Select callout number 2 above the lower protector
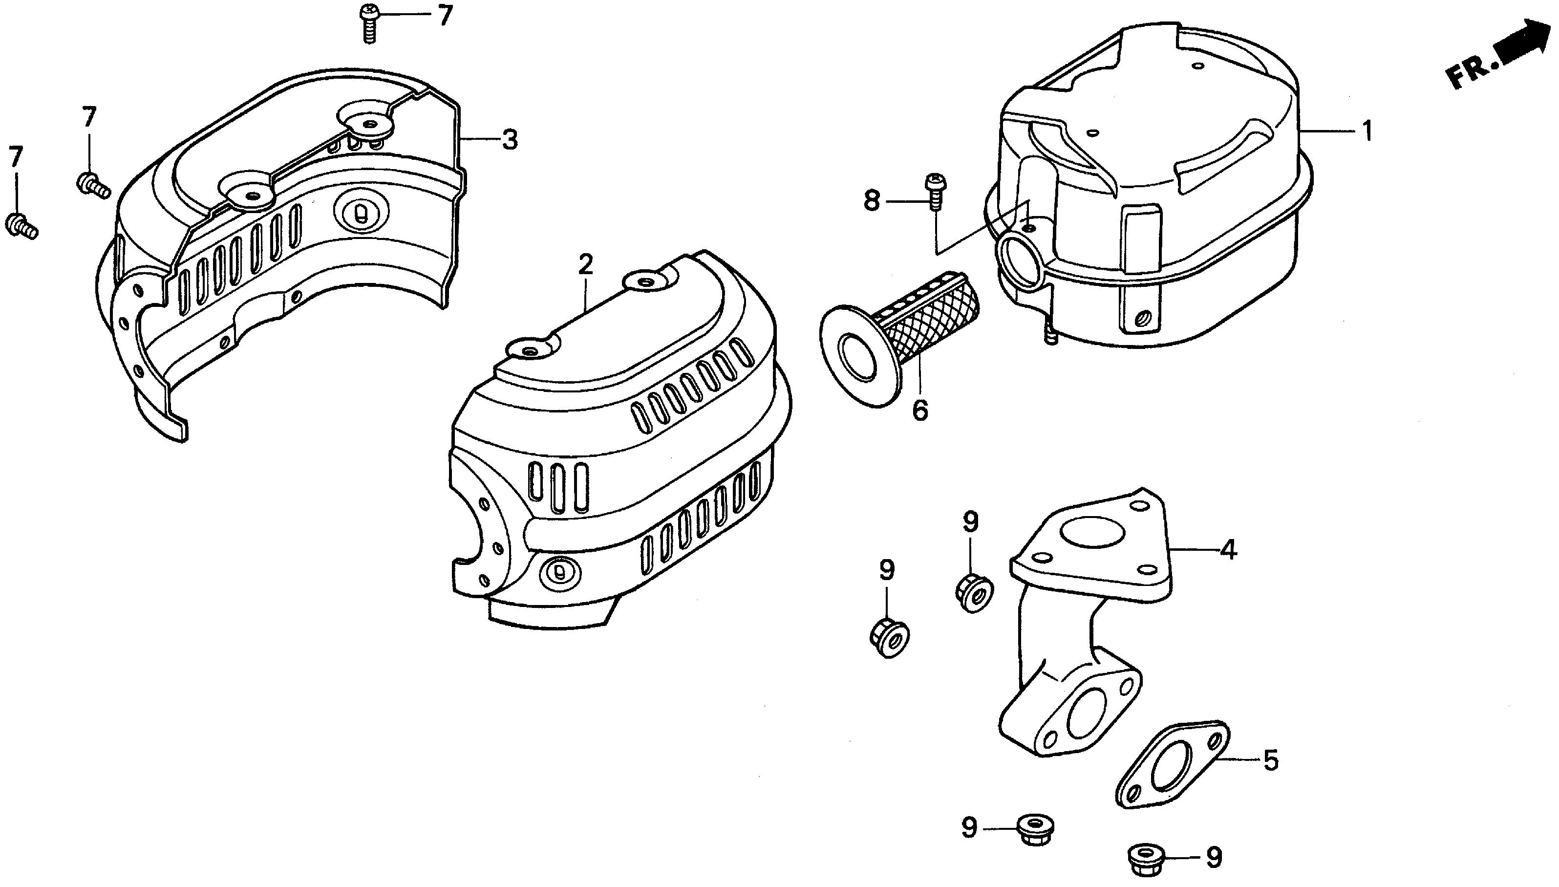click(585, 265)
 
